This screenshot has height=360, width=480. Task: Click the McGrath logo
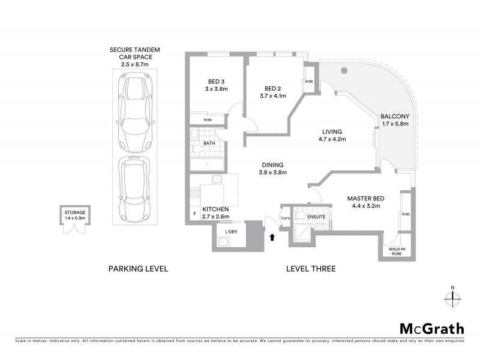(x=431, y=328)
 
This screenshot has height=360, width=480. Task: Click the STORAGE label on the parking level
(x=75, y=212)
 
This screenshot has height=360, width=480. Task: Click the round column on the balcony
(x=344, y=71)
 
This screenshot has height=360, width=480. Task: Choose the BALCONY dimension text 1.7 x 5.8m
(x=395, y=124)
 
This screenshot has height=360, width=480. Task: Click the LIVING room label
(x=331, y=131)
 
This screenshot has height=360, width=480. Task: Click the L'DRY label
(x=231, y=232)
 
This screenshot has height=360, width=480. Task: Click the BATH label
(x=209, y=143)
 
